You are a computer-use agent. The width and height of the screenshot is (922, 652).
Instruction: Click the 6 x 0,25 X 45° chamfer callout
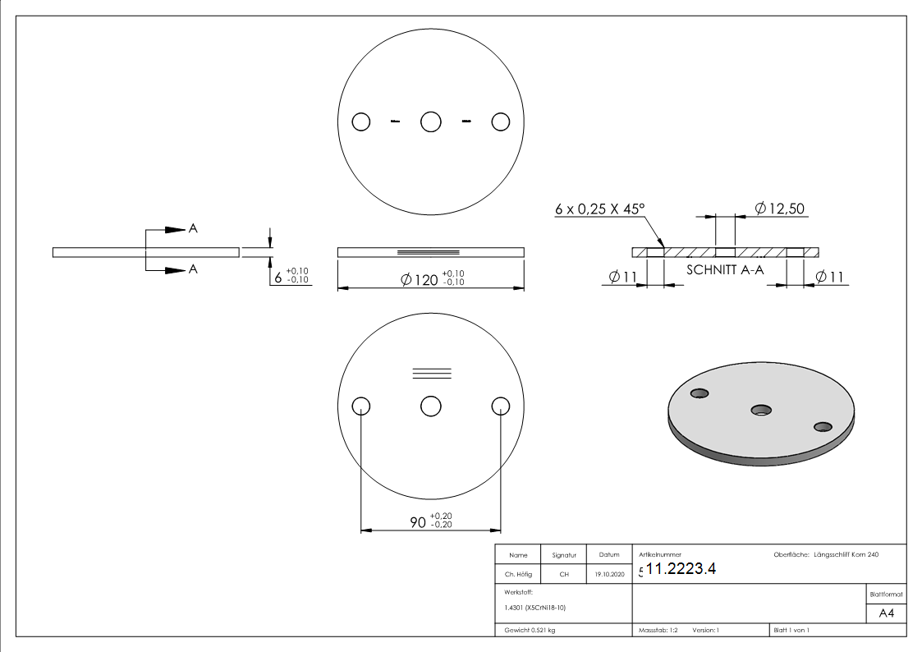[599, 209]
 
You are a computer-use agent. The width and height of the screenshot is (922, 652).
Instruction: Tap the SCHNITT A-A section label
[723, 269]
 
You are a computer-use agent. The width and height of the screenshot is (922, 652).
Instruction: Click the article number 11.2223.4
[681, 570]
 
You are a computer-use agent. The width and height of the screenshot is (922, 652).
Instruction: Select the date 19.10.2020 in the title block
[608, 575]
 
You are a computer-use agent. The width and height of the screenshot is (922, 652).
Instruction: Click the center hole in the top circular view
[431, 122]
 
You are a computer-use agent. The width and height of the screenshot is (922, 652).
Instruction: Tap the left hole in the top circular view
[360, 122]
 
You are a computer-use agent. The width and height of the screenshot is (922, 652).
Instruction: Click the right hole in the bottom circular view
[501, 406]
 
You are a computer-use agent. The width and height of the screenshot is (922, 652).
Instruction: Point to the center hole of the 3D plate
[761, 409]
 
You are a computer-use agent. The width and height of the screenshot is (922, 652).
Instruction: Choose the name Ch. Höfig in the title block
[518, 575]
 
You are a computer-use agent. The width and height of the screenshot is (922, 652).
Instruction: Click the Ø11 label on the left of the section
[624, 278]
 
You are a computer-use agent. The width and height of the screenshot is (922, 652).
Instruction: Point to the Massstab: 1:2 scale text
[658, 630]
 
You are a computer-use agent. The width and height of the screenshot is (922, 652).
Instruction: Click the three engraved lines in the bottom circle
[431, 373]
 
